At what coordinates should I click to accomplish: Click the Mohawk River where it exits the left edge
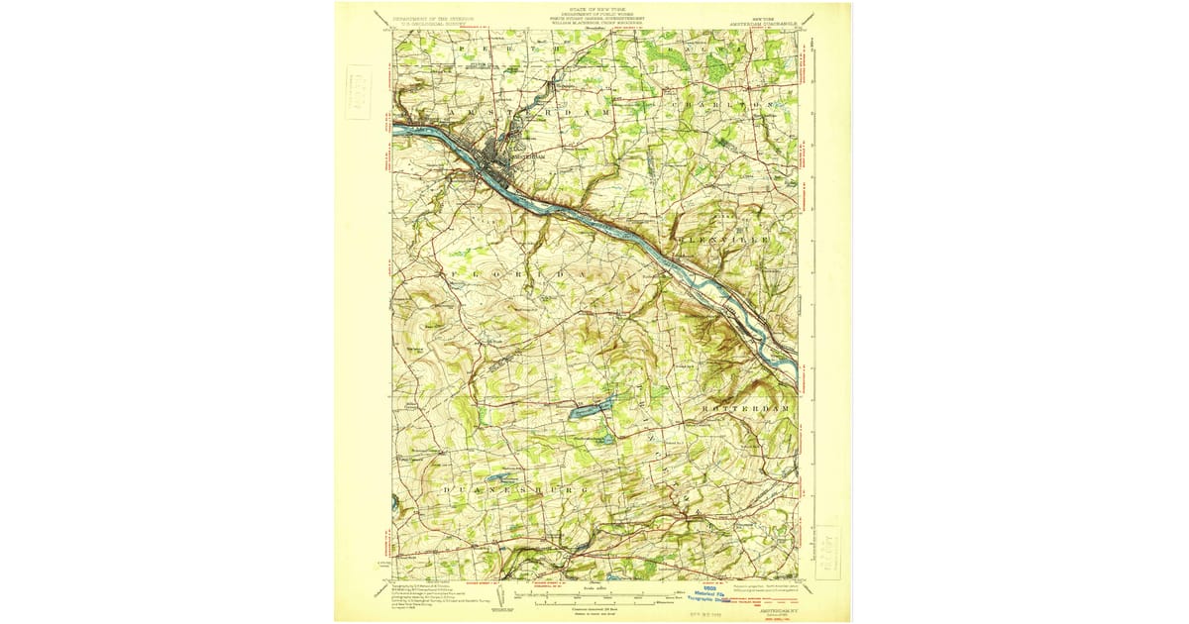click(x=398, y=127)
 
